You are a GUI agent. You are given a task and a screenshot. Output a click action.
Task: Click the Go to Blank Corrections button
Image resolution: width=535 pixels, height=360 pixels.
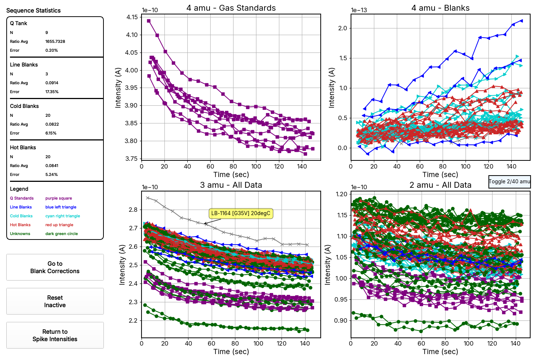click(55, 267)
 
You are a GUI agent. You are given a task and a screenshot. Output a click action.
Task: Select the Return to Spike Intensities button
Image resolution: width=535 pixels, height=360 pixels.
click(55, 335)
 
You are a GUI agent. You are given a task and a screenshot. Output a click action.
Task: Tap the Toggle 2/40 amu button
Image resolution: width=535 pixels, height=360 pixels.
click(510, 181)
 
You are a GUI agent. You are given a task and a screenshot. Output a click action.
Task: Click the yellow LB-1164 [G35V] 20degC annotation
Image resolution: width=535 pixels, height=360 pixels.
click(241, 213)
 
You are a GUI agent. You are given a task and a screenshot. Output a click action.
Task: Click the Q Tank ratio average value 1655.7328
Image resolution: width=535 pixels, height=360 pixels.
click(55, 41)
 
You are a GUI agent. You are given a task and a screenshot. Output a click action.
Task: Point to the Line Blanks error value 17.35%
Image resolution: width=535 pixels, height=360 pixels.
click(52, 92)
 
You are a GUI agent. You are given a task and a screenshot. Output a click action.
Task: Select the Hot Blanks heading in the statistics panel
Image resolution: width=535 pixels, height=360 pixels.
click(23, 147)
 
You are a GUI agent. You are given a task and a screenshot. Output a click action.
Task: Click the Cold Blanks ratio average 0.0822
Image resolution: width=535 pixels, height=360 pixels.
click(52, 124)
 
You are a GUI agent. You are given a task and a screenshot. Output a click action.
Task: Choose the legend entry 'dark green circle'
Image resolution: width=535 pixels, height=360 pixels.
click(61, 234)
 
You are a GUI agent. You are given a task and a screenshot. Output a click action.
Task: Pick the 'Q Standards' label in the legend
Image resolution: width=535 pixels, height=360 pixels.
click(22, 198)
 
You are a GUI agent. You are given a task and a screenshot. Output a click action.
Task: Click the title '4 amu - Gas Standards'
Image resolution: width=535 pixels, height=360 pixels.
click(231, 8)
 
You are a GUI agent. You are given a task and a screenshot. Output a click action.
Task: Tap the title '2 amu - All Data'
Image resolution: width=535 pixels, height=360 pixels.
click(440, 185)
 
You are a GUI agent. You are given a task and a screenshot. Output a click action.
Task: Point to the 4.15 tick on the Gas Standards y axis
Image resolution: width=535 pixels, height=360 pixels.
click(132, 17)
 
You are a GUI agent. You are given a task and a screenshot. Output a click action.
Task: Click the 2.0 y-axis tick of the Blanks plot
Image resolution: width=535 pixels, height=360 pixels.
click(343, 28)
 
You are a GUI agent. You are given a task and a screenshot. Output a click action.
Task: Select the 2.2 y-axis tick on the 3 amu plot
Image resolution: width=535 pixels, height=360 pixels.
click(133, 320)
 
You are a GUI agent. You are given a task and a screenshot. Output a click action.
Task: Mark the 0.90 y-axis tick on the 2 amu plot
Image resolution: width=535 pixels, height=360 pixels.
click(341, 320)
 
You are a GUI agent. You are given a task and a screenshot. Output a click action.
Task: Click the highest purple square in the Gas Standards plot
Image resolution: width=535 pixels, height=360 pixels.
click(149, 21)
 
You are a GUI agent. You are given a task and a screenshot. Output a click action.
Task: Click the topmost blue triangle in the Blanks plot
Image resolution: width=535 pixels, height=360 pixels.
click(521, 21)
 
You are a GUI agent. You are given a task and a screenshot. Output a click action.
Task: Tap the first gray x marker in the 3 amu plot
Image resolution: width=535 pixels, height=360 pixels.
click(148, 198)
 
